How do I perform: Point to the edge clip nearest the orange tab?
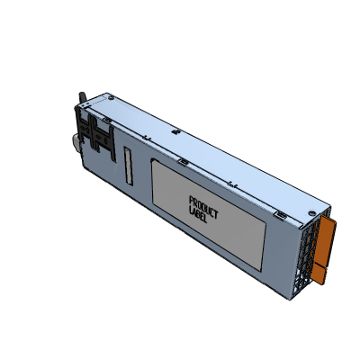(x=280, y=216)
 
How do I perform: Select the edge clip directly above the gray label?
(x=183, y=162)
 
